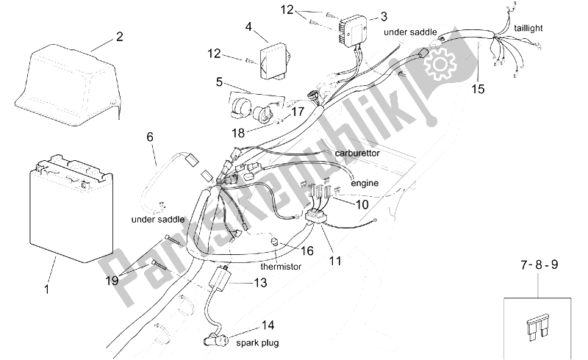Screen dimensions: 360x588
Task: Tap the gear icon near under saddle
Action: click(x=440, y=65)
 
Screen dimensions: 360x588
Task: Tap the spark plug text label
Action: click(x=257, y=342)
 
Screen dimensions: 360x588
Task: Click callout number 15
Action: click(x=478, y=90)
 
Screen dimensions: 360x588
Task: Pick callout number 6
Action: click(x=150, y=137)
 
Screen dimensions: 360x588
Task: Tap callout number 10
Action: click(x=362, y=205)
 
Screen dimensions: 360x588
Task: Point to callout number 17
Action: click(x=297, y=112)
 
